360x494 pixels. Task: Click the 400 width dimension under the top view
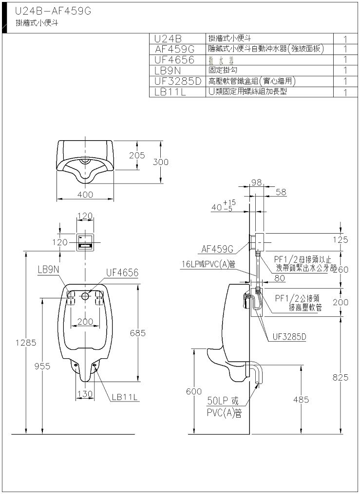click(x=85, y=195)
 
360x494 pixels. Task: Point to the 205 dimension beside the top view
click(x=137, y=155)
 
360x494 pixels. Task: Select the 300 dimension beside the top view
click(x=160, y=162)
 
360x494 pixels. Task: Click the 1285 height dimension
click(x=25, y=343)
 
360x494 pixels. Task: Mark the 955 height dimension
click(x=42, y=366)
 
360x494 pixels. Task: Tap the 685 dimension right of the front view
click(x=138, y=333)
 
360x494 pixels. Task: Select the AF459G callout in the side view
click(x=217, y=249)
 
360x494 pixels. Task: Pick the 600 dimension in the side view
click(x=193, y=391)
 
